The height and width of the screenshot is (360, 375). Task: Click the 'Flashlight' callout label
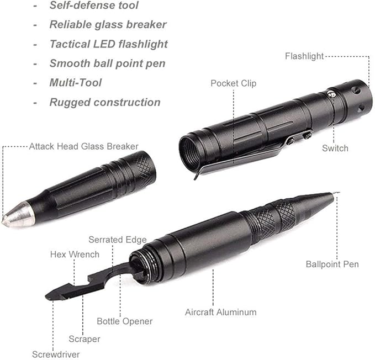coord(304,56)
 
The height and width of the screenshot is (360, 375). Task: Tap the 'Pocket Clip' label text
coord(234,83)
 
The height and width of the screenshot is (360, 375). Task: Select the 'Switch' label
coord(335,148)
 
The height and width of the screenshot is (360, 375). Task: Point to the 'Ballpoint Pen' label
coord(332,264)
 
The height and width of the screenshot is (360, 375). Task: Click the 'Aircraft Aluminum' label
coord(221,312)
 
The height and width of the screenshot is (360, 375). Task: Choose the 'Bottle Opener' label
coord(125,321)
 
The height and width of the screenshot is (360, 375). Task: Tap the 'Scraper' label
coord(84,339)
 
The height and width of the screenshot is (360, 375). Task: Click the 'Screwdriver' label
coord(56,354)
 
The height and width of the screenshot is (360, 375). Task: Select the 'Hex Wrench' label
coord(75,255)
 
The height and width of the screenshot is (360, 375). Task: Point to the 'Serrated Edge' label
coord(118,240)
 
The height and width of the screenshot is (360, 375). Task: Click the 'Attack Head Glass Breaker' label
coord(84,146)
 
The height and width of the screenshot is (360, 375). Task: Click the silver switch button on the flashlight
coord(331,93)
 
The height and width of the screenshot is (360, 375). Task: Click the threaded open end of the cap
coord(190,152)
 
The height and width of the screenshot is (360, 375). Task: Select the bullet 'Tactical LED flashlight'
coord(109,44)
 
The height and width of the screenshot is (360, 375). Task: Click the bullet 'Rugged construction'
coord(105,102)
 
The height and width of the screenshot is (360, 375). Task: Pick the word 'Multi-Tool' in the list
coord(76,83)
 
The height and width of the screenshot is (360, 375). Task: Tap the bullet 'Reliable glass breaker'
coord(108,24)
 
